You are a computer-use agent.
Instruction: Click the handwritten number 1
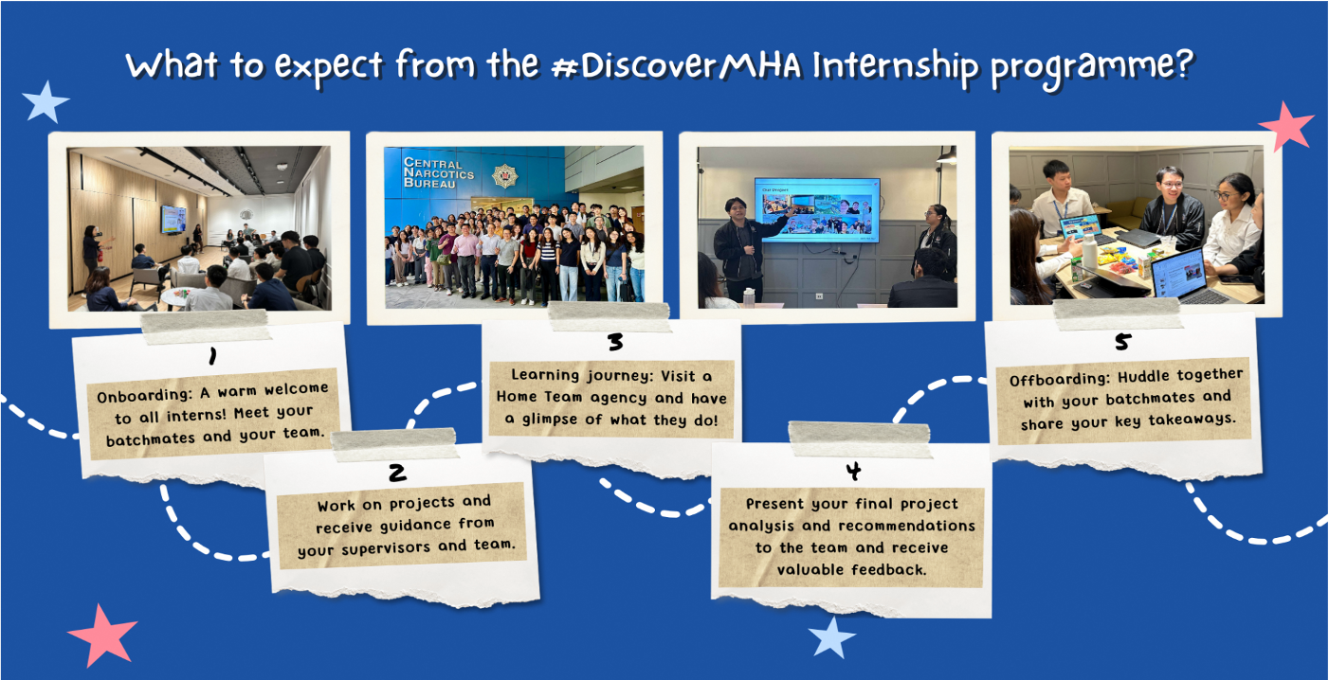(212, 356)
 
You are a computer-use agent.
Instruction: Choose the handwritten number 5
(1122, 342)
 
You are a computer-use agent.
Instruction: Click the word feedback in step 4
(889, 569)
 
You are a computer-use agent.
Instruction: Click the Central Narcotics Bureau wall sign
(433, 172)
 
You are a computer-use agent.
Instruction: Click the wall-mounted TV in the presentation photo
(816, 209)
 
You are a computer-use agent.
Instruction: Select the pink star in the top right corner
(1285, 125)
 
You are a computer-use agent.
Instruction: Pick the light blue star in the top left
(45, 102)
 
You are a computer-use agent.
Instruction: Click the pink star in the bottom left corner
(102, 634)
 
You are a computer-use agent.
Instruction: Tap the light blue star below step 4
(831, 637)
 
